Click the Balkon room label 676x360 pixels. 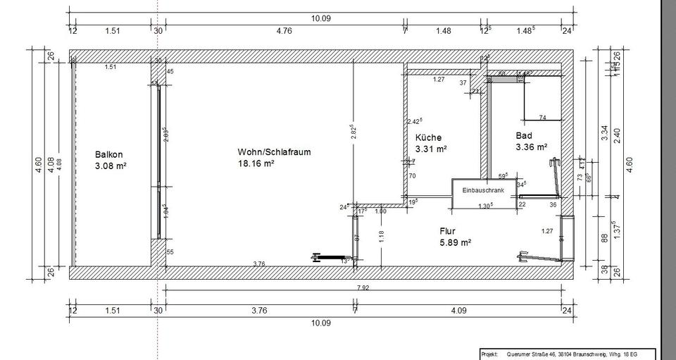click(x=109, y=154)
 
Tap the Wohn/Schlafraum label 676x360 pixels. click(x=274, y=151)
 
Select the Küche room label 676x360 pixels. click(x=428, y=137)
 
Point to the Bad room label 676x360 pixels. click(x=524, y=135)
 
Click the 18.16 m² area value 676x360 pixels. click(x=256, y=163)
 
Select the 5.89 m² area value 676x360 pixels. click(x=455, y=242)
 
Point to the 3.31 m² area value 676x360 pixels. click(x=432, y=149)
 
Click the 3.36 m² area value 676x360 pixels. click(x=532, y=147)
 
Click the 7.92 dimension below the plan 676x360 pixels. click(x=364, y=287)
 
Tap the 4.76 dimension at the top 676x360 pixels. click(x=284, y=30)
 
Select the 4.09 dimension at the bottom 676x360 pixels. click(x=458, y=308)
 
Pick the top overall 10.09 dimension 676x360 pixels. click(x=320, y=18)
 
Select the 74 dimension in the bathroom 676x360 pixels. click(x=542, y=117)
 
